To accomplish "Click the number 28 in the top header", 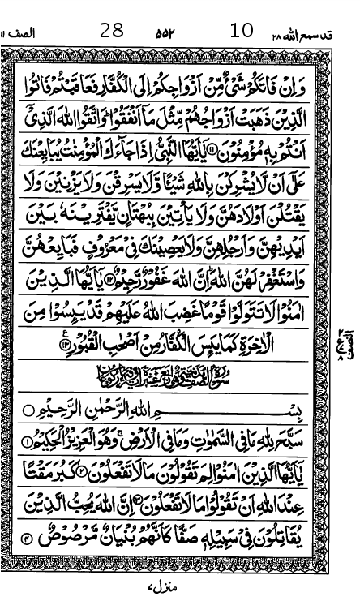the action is [112, 32].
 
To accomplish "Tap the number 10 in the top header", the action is [242, 32].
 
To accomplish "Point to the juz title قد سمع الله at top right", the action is [316, 35].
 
